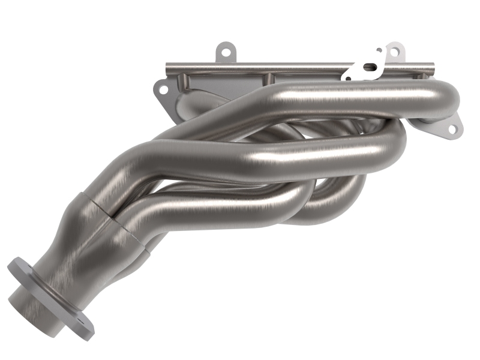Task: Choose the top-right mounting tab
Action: point(394,52)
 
